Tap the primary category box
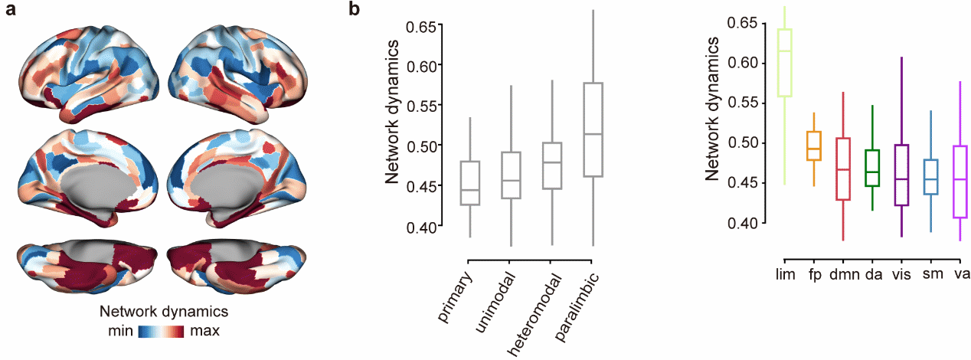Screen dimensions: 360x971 point(470,183)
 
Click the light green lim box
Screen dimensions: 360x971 point(784,63)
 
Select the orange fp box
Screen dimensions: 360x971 point(814,146)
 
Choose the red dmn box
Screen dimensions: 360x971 point(843,169)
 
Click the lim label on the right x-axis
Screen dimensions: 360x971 point(783,273)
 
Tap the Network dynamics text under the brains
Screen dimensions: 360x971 point(165,313)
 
